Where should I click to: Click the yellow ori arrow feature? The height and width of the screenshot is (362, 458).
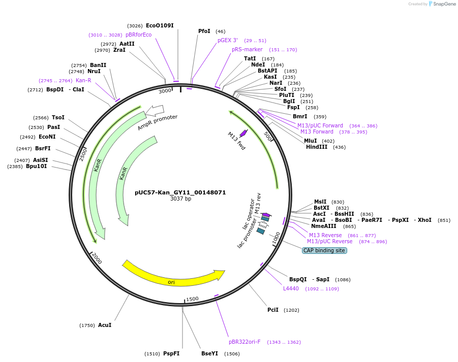[173, 277]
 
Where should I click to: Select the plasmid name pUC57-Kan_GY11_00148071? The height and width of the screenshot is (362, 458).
[180, 192]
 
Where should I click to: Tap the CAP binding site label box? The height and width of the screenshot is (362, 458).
[324, 250]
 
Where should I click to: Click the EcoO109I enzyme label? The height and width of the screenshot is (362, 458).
[160, 25]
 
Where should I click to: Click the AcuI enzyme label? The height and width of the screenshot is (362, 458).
[105, 325]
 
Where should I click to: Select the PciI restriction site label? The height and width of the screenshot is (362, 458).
[273, 310]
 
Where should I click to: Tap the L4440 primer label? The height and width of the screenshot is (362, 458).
[291, 288]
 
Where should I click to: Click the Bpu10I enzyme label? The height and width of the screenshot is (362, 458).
[36, 166]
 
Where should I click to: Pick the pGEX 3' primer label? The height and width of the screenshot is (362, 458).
[228, 40]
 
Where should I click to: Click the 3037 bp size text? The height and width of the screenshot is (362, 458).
[180, 199]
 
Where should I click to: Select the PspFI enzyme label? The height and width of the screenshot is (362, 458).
[171, 353]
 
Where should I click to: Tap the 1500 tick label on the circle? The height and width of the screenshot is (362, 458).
[192, 299]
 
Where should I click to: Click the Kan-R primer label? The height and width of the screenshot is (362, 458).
[83, 80]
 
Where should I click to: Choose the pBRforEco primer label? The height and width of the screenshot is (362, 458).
[139, 35]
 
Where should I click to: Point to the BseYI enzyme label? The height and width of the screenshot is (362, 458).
[209, 353]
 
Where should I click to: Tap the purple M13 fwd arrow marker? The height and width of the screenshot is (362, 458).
[243, 133]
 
